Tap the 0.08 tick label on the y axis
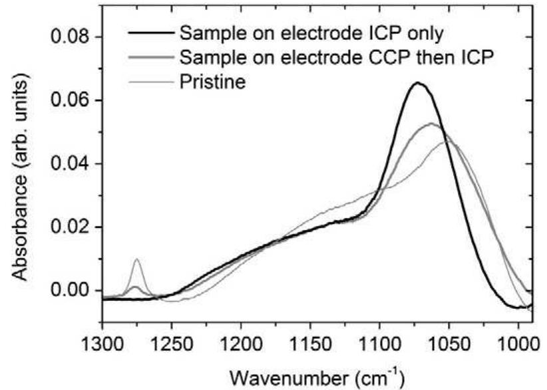tap(71, 37)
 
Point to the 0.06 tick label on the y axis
tap(71, 100)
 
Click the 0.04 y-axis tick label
tap(71, 163)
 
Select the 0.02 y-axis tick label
tap(71, 227)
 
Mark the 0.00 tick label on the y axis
tap(71, 290)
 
